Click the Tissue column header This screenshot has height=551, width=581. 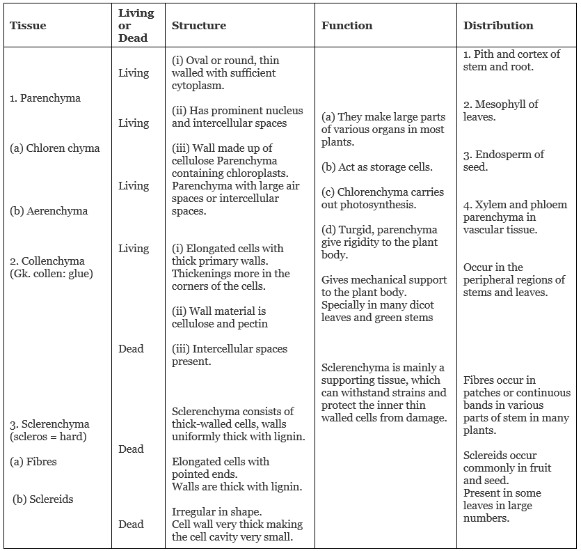tap(28, 26)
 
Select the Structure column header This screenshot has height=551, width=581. tap(199, 26)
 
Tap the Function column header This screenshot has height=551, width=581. tap(347, 26)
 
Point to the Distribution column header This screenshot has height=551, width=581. tap(498, 26)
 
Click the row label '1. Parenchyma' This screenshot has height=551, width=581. tap(45, 98)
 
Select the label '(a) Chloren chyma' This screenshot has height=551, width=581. tap(55, 148)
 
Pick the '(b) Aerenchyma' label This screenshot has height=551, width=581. tap(49, 211)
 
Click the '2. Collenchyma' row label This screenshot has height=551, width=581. tap(47, 261)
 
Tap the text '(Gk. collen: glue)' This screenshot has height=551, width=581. tap(51, 274)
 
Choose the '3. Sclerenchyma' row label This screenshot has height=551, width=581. tap(49, 424)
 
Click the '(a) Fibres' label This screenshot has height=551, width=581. tap(33, 462)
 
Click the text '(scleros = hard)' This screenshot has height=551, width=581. tap(48, 437)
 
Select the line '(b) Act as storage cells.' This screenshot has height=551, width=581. tap(376, 167)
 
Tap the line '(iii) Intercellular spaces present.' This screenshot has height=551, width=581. tap(229, 355)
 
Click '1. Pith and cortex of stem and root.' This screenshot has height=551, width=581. tap(511, 61)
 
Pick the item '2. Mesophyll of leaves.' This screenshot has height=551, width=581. tap(501, 111)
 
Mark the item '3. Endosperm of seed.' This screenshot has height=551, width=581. tap(504, 161)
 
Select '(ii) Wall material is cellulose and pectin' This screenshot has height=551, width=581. tap(219, 318)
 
